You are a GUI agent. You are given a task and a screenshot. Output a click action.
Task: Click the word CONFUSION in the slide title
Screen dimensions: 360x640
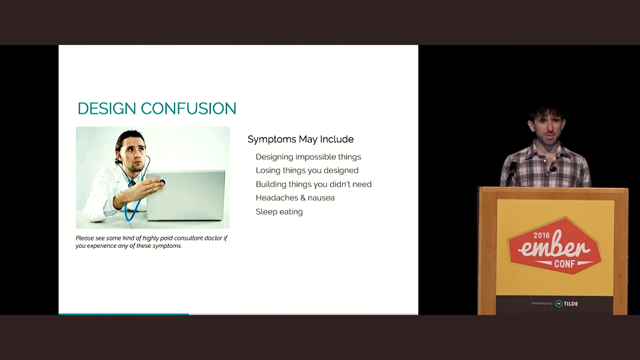coord(188,108)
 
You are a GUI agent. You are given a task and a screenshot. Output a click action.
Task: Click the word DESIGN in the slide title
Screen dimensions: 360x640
coord(106,108)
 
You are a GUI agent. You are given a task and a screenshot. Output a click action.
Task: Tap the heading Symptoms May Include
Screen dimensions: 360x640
coord(300,139)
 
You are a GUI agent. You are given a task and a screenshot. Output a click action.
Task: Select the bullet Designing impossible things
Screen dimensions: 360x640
coord(308,156)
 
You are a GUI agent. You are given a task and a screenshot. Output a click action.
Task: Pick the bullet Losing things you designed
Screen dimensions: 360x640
coord(306,170)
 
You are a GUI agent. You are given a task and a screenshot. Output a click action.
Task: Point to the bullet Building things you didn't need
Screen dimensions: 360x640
coord(313,184)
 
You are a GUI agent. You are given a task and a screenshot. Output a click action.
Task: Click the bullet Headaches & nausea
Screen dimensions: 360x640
coord(295,197)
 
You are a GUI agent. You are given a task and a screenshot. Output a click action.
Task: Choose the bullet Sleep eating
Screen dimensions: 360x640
coord(279,211)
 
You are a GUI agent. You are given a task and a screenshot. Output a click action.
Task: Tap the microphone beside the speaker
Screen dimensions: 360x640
coord(512,170)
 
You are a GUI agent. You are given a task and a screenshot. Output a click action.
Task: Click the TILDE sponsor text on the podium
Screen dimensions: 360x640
coord(570,303)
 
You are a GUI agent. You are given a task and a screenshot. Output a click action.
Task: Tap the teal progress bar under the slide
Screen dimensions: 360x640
coord(123,314)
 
